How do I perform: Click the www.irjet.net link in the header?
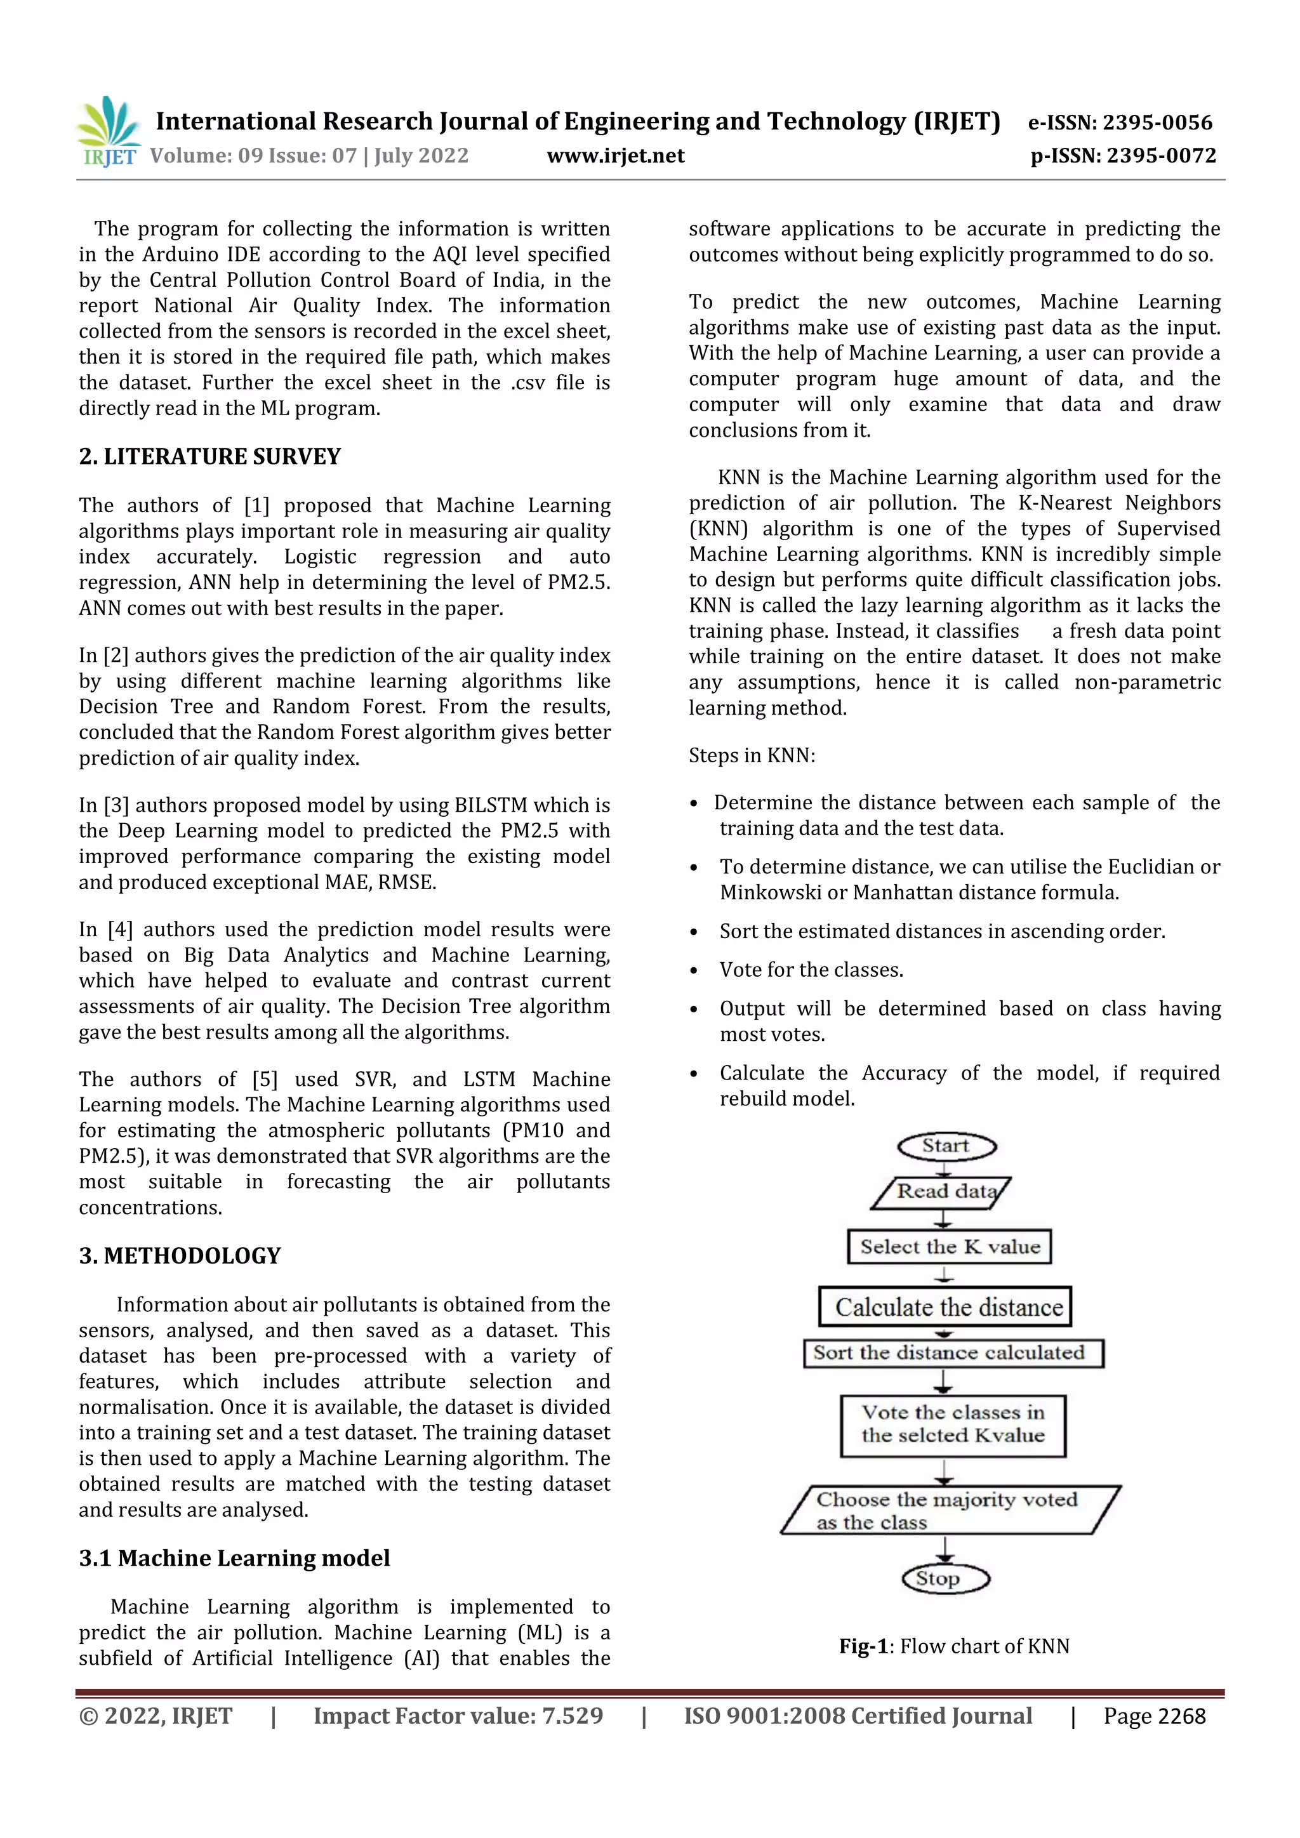(616, 155)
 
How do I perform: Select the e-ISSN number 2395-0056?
(1158, 122)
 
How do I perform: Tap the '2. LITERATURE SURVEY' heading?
(209, 456)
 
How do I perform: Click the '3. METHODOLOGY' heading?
(180, 1255)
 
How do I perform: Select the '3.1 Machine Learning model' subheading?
(234, 1558)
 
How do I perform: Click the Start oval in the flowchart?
(946, 1146)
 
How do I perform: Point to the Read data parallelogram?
(942, 1192)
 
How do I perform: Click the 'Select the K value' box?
(950, 1246)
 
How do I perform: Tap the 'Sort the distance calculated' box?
(953, 1353)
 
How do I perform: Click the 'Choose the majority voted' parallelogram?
(950, 1510)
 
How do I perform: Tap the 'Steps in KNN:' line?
(752, 756)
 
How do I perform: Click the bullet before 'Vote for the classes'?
(694, 971)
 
